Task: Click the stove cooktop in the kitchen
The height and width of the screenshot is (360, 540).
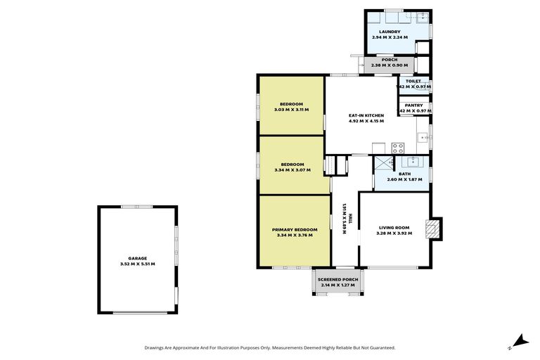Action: tap(398, 148)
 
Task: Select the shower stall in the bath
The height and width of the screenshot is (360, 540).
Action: tap(383, 164)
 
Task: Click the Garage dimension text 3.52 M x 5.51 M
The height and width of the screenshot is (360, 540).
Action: tap(137, 264)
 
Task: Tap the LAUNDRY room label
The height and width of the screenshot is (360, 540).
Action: tap(390, 32)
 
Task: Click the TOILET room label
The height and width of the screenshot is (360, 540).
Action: tap(413, 81)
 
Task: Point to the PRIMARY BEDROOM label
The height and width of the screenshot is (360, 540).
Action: tap(295, 229)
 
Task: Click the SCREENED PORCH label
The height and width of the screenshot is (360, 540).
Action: tap(339, 279)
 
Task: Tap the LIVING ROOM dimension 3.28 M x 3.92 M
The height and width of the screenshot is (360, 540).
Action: tap(393, 233)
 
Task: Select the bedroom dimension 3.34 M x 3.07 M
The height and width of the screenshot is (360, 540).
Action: tap(292, 169)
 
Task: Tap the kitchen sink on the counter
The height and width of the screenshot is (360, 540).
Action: tap(423, 139)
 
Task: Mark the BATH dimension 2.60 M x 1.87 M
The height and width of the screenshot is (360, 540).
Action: tap(404, 179)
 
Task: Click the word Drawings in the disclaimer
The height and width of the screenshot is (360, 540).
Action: tap(156, 347)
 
